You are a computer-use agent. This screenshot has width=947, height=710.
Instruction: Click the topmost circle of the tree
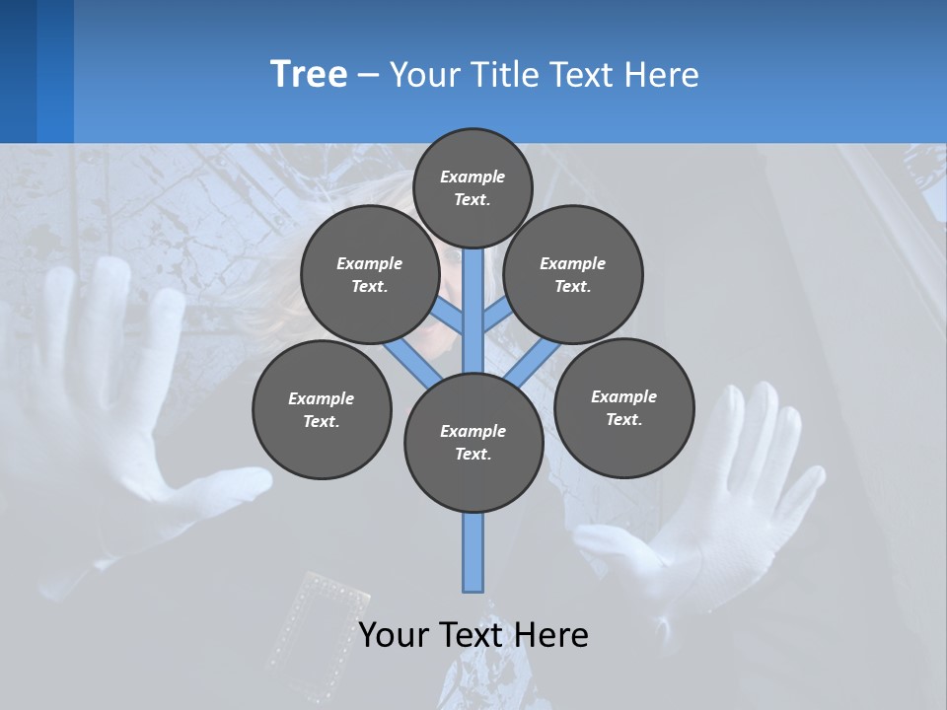point(473,187)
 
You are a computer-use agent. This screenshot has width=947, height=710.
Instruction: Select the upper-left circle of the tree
point(369,274)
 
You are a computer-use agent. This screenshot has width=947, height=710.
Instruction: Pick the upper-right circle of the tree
point(573,274)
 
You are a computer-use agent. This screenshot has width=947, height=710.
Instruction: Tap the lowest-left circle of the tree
point(322,409)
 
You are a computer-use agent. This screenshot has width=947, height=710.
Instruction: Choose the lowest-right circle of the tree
point(623,407)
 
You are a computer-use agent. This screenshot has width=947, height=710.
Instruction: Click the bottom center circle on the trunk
point(473,442)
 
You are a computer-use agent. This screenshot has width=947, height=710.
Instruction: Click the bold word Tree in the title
point(309,74)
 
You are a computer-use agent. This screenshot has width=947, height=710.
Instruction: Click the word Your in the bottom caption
point(395,634)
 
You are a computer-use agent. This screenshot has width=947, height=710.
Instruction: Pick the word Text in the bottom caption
point(472,634)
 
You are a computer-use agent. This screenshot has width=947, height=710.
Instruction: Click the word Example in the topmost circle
point(473,177)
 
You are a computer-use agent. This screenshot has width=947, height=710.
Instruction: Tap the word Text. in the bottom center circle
point(473,454)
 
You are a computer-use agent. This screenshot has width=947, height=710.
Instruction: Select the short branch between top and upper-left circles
point(449,317)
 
